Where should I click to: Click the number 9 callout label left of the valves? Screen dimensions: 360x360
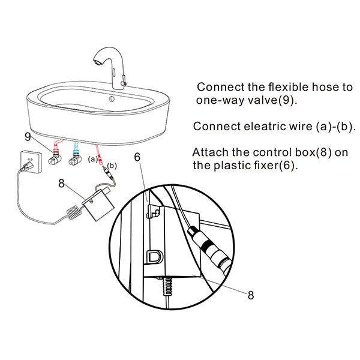click(28, 137)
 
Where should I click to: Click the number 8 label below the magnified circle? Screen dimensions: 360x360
click(250, 295)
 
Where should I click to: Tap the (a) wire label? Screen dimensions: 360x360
click(92, 159)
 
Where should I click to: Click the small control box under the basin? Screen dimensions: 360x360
click(96, 203)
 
